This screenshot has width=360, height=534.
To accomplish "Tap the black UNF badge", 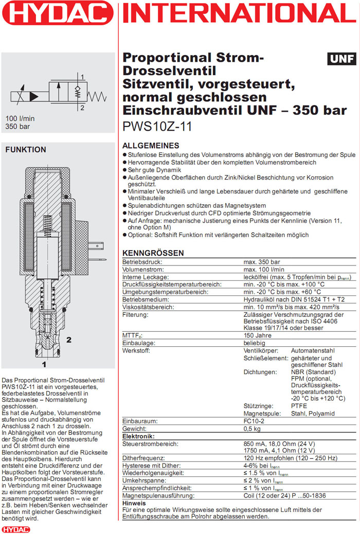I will pyautogui.click(x=341, y=59).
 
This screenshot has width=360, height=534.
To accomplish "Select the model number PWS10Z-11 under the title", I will pyautogui.click(x=157, y=127).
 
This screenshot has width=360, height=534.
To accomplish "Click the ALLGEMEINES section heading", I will pyautogui.click(x=151, y=146).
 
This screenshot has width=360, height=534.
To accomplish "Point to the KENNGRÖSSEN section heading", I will pyautogui.click(x=153, y=253).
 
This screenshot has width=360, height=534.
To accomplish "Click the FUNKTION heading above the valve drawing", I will pyautogui.click(x=25, y=150).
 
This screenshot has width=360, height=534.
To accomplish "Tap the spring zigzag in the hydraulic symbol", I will pyautogui.click(x=97, y=96).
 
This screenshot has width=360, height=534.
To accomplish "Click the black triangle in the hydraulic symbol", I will pyautogui.click(x=34, y=96).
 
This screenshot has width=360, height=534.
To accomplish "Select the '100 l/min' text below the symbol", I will pyautogui.click(x=20, y=118).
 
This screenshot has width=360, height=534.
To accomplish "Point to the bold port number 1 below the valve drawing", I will pyautogui.click(x=44, y=365).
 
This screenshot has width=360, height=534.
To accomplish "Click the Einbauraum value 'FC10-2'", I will pyautogui.click(x=255, y=421).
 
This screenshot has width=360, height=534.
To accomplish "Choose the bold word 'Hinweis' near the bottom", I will pyautogui.click(x=135, y=503).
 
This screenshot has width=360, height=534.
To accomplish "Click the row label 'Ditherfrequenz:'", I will pyautogui.click(x=143, y=458).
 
